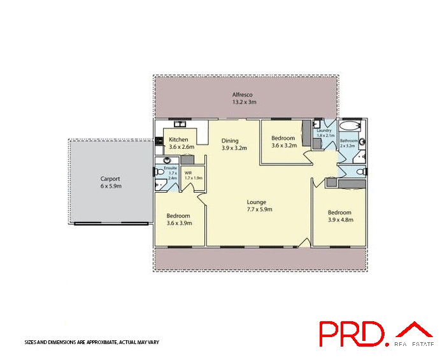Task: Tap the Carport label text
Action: pos(110,179)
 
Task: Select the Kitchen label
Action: pos(178,139)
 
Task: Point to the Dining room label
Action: pos(230,141)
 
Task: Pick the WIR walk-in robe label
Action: pos(188,172)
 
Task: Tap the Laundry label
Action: pos(325,131)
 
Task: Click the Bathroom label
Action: pos(348,141)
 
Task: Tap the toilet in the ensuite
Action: pos(160,172)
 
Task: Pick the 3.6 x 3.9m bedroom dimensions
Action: pos(178,223)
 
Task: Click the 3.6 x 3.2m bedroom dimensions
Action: pos(283,146)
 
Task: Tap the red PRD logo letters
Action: pos(351,334)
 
